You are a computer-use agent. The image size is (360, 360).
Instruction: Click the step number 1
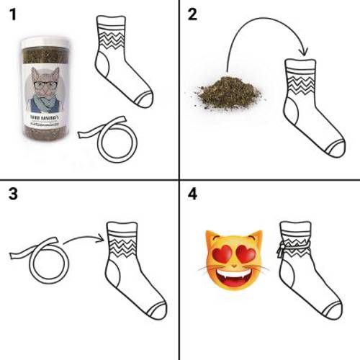[12, 15]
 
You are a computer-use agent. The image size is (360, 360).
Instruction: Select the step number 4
[192, 194]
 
